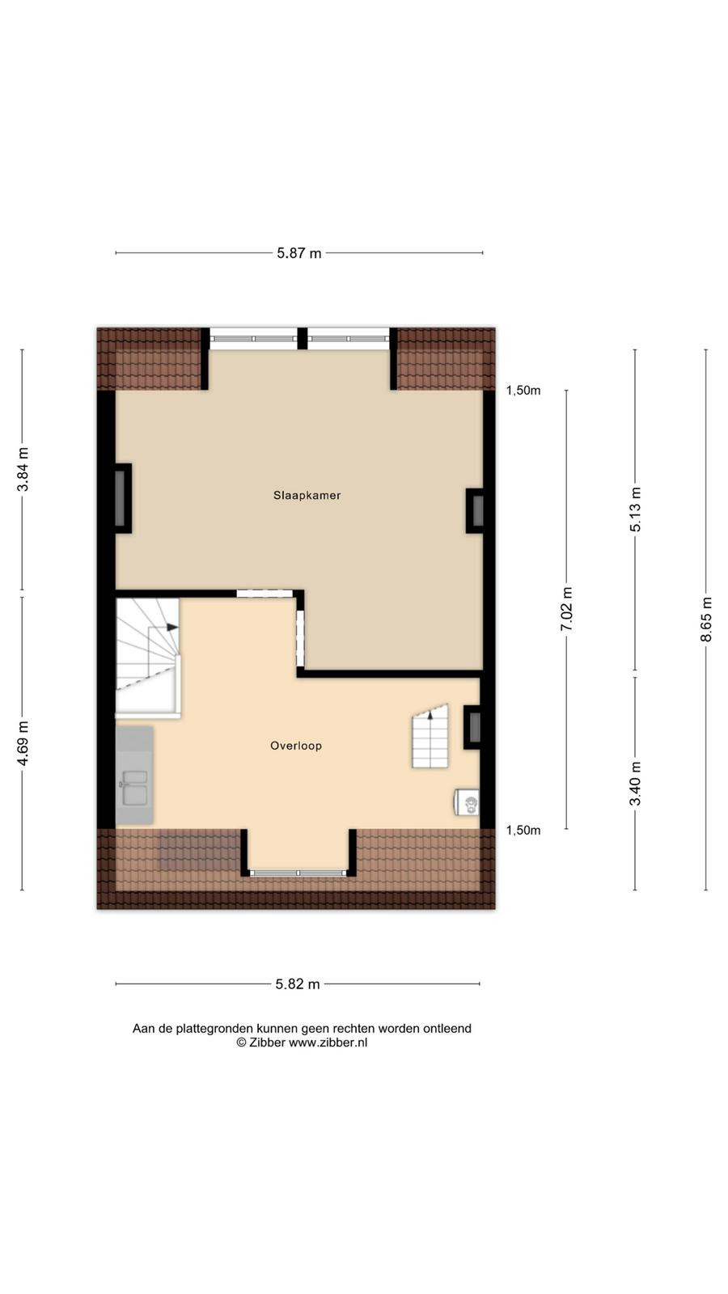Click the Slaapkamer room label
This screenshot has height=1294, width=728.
pyautogui.click(x=307, y=495)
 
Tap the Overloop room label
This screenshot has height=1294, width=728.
pyautogui.click(x=296, y=746)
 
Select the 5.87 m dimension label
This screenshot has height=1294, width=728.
pyautogui.click(x=298, y=253)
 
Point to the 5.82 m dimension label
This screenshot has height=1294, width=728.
pyautogui.click(x=298, y=983)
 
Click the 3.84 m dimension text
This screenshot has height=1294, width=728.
pyautogui.click(x=23, y=470)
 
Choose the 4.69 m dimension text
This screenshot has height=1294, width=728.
pyautogui.click(x=23, y=743)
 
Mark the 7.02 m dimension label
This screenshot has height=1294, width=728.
pyautogui.click(x=567, y=609)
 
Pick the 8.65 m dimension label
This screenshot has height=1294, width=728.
pyautogui.click(x=706, y=620)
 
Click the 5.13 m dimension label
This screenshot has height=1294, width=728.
pyautogui.click(x=636, y=510)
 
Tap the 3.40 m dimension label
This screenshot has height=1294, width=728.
pyautogui.click(x=636, y=784)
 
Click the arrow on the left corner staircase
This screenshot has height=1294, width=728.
pyautogui.click(x=172, y=627)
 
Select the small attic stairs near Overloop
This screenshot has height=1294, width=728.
pyautogui.click(x=430, y=736)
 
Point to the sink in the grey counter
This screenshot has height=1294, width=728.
pyautogui.click(x=134, y=788)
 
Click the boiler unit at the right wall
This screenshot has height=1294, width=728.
pyautogui.click(x=467, y=802)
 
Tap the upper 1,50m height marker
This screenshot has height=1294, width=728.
pyautogui.click(x=523, y=391)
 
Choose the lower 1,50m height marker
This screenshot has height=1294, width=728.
pyautogui.click(x=523, y=830)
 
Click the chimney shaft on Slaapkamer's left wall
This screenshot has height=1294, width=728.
pyautogui.click(x=121, y=498)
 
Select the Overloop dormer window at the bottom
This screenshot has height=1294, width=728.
pyautogui.click(x=298, y=873)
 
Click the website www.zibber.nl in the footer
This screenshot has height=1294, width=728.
pyautogui.click(x=328, y=1042)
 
